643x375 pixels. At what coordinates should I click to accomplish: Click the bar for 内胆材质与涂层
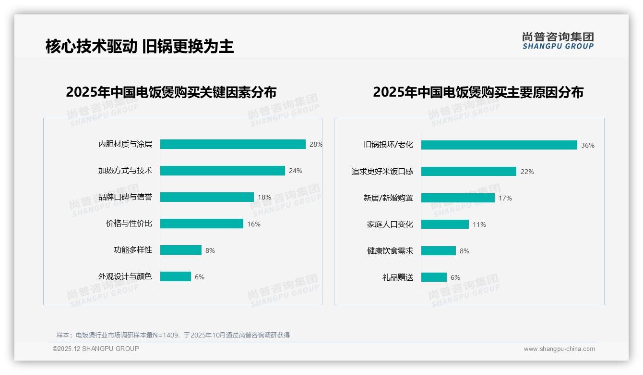tap(233, 144)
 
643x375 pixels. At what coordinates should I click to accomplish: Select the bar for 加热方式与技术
tap(223, 171)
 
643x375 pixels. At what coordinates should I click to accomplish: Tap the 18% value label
tap(264, 197)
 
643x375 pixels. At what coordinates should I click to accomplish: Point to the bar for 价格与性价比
tap(202, 224)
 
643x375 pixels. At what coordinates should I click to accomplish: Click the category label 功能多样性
tap(133, 250)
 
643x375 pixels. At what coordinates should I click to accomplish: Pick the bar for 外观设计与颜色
tap(176, 276)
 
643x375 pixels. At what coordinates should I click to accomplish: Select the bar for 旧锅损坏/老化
tap(499, 145)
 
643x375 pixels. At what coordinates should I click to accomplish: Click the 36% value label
tap(588, 145)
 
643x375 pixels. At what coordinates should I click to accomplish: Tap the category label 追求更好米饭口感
tap(382, 172)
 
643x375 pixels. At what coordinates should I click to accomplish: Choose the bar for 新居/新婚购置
tap(458, 198)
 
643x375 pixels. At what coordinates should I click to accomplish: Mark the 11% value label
tap(479, 225)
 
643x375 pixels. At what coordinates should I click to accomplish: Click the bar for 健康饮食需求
tap(439, 251)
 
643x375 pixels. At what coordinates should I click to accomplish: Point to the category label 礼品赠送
tap(398, 277)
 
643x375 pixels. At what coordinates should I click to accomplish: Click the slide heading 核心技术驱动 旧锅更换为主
tap(140, 46)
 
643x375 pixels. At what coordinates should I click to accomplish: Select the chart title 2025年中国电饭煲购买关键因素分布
tap(171, 92)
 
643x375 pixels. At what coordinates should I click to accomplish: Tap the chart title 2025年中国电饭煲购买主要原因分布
tap(478, 92)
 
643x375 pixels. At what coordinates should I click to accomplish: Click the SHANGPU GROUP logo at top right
tap(558, 41)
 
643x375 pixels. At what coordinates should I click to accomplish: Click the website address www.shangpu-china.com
tap(559, 349)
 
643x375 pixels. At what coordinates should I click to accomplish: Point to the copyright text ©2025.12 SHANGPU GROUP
tap(96, 349)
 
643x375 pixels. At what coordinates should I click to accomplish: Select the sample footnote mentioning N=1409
tap(173, 335)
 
